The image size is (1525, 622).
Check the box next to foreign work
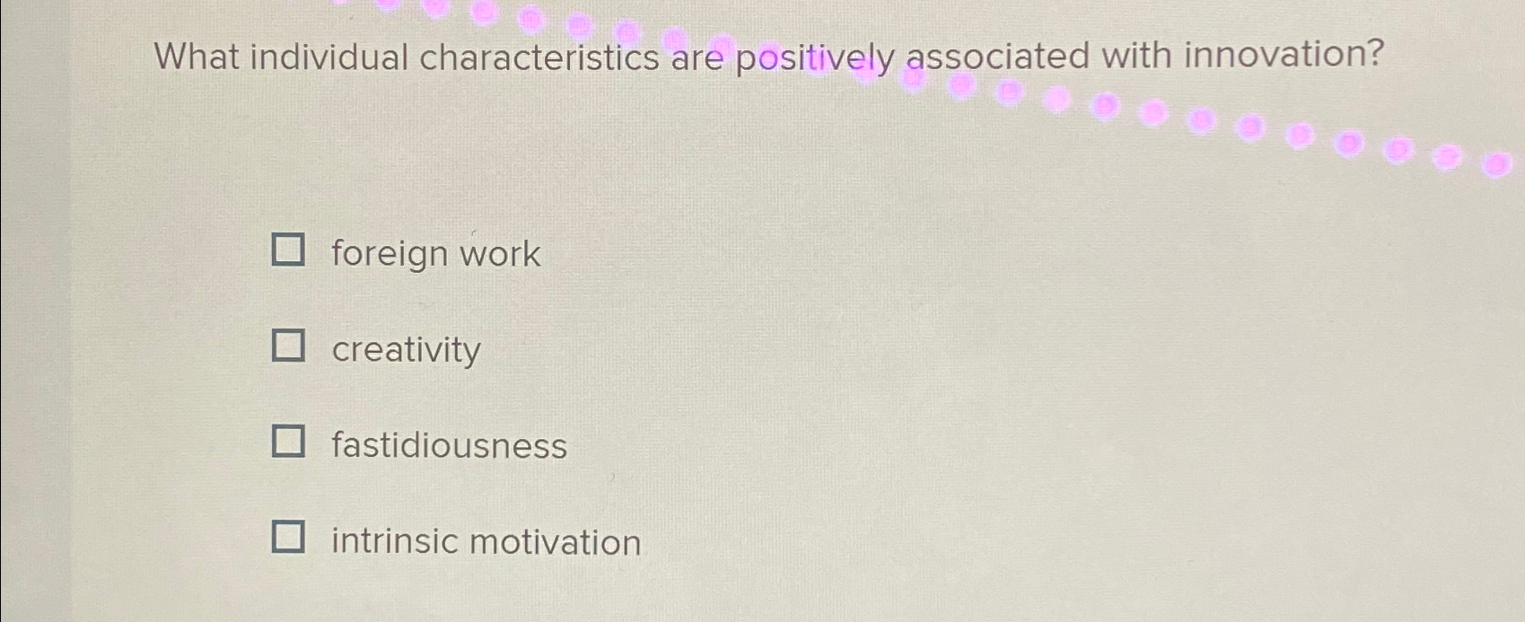288,250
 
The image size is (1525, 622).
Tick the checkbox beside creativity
288,345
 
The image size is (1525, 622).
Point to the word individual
329,57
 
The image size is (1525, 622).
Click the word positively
815,59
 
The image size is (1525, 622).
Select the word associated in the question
997,57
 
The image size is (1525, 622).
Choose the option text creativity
406,350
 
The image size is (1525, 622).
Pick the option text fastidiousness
449,446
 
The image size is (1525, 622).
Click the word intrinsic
394,542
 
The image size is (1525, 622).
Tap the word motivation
555,542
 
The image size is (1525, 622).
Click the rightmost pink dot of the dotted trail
1494,165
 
